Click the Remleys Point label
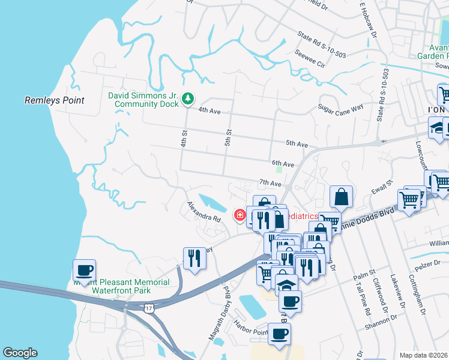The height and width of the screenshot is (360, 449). click(x=54, y=100)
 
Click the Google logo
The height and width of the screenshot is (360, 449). click(x=20, y=353)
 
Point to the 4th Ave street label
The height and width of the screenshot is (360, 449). click(x=210, y=110)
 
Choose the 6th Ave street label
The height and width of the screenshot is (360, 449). click(x=283, y=163)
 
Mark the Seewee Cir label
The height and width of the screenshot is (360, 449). click(x=311, y=61)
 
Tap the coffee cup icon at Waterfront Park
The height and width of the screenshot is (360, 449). click(x=84, y=270)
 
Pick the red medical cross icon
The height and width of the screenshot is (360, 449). click(x=240, y=215)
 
